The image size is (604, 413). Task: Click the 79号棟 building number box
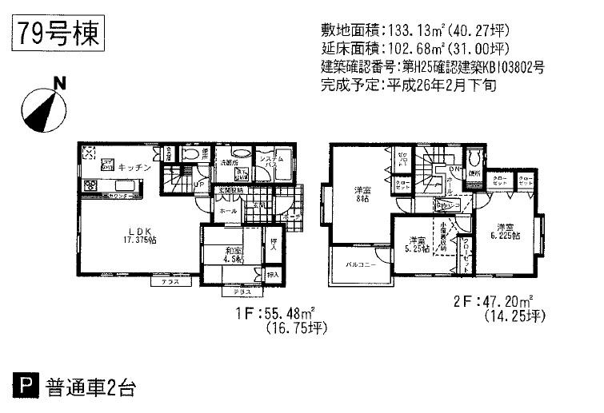click(55, 35)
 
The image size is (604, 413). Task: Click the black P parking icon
click(26, 391)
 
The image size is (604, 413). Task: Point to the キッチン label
click(130, 168)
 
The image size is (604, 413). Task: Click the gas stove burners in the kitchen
click(89, 187)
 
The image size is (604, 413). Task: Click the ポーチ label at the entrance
click(291, 216)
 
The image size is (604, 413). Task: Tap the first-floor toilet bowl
click(191, 157)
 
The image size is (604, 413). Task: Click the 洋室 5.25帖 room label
click(414, 244)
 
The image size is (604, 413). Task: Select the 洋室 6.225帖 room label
click(506, 231)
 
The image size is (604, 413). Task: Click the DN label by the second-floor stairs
click(453, 170)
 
